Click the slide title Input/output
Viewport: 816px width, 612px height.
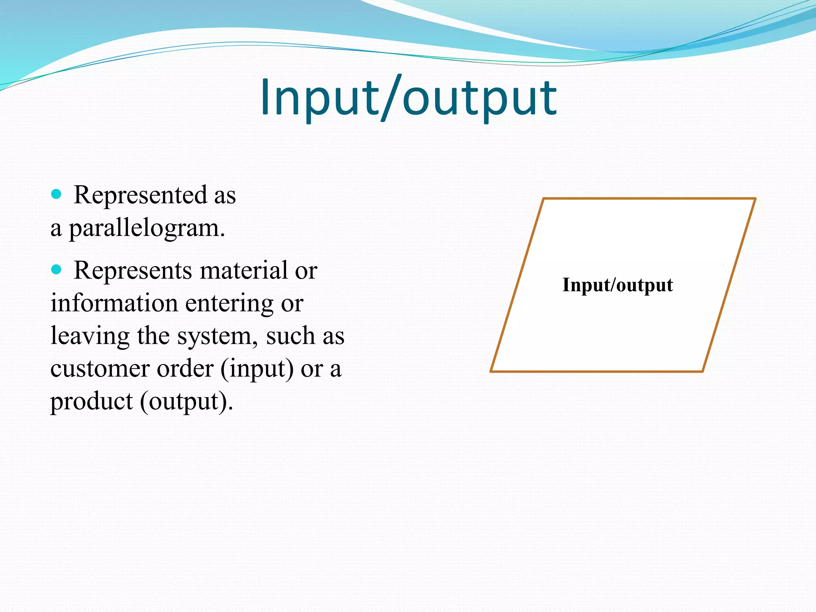[408, 98]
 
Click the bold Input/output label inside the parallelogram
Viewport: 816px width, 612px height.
[617, 285]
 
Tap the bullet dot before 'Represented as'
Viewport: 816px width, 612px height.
[57, 194]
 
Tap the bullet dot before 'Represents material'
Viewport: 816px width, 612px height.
[57, 270]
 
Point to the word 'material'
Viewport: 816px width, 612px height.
[243, 270]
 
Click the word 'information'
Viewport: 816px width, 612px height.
[114, 303]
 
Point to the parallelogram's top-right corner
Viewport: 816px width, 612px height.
[755, 198]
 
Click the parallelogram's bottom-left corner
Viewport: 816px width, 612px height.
[491, 371]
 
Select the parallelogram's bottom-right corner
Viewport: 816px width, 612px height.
[702, 371]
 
